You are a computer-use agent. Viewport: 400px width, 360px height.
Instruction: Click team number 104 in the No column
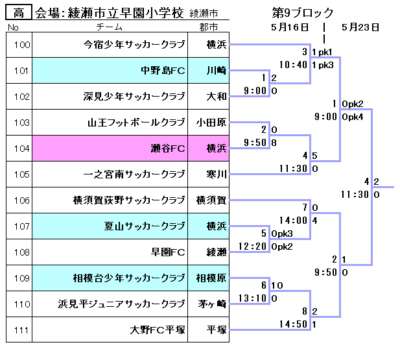point(21,149)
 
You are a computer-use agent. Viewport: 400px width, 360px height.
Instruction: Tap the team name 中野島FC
point(163,71)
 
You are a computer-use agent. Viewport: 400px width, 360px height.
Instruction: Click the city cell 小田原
point(213,123)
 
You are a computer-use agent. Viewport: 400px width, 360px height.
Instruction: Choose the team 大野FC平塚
point(158,330)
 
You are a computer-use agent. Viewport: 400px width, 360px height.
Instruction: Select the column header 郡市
point(209,27)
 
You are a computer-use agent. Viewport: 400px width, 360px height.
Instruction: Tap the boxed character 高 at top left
point(19,12)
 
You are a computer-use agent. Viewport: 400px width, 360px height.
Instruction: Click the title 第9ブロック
point(303,12)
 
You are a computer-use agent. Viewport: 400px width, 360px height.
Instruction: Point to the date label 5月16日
point(290,27)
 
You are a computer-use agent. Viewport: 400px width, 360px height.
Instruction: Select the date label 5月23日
point(360,27)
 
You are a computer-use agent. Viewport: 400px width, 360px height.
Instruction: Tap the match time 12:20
point(253,246)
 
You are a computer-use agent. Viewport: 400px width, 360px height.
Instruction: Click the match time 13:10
point(253,298)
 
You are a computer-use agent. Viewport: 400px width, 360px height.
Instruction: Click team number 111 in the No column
point(21,330)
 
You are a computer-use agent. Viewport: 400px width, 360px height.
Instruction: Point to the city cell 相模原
point(213,278)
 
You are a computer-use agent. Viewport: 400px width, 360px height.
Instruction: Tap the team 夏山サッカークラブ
point(145,226)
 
